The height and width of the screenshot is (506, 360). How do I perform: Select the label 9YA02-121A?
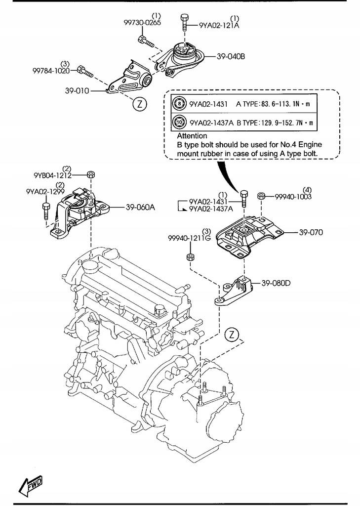coord(219,25)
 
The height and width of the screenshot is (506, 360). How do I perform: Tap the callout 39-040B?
coord(230,56)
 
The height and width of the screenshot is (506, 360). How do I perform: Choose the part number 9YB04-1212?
coord(53,175)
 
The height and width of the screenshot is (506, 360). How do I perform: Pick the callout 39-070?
coord(310,231)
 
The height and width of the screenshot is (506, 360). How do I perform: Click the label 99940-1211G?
coord(189,238)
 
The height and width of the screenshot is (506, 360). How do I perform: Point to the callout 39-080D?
coord(276,283)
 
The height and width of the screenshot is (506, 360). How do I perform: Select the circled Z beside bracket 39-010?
coord(139,104)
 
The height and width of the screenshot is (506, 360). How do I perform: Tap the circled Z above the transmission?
coord(231,335)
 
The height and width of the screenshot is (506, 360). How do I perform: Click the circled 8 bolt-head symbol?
coord(179,104)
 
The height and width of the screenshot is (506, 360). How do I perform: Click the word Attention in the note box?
coord(192,135)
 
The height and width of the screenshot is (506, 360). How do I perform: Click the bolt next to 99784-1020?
coord(85,72)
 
